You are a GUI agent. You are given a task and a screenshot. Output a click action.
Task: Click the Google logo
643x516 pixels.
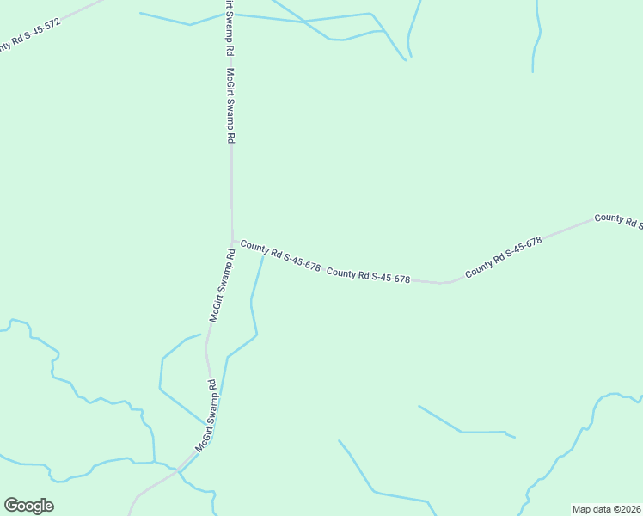tap(28, 506)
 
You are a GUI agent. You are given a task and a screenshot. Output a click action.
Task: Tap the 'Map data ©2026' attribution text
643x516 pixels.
tap(606, 508)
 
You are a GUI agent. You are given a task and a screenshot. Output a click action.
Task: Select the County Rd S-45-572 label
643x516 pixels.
tap(29, 35)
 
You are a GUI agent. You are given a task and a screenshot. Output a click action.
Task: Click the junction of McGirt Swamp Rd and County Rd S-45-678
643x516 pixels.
tap(232, 242)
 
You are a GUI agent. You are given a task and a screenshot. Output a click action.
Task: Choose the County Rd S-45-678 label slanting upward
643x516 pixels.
tap(503, 257)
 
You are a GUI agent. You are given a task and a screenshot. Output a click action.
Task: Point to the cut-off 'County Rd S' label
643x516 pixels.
tap(618, 220)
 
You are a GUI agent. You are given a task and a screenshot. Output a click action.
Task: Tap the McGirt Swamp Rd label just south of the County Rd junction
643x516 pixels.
tap(222, 285)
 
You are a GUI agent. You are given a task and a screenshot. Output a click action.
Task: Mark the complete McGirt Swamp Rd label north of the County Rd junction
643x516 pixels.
tap(230, 106)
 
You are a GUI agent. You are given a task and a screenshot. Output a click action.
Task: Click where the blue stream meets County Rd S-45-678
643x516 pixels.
tap(263, 255)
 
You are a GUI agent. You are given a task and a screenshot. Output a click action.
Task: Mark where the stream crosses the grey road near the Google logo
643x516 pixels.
tap(178, 470)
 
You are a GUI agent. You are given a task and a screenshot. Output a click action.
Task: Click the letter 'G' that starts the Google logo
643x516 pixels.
tap(11, 506)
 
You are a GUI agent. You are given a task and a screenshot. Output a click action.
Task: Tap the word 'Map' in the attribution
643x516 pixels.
tap(582, 508)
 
